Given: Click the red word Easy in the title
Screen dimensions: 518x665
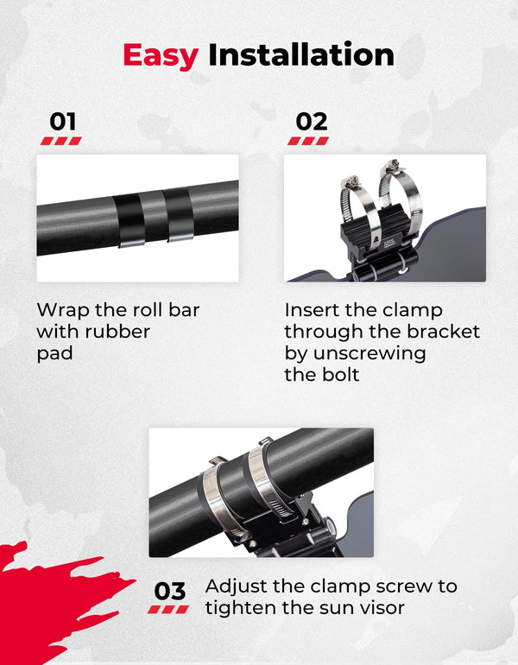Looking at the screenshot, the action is (x=161, y=56).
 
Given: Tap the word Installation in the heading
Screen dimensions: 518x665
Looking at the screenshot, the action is (x=301, y=54).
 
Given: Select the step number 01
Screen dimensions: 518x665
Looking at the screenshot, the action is (x=63, y=122).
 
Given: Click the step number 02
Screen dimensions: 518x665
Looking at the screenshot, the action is (x=312, y=122).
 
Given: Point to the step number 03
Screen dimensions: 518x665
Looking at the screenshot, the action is (x=169, y=591).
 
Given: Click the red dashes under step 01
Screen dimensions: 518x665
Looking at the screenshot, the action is (x=61, y=142).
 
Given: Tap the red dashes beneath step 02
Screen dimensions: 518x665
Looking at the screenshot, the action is (x=308, y=142).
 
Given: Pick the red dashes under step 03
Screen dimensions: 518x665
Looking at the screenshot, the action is (x=167, y=610).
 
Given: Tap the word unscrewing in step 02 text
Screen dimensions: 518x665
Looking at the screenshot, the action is (x=370, y=354).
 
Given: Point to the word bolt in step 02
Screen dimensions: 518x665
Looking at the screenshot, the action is (x=340, y=374).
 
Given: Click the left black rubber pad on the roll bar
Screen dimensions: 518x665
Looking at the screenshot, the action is (x=129, y=219).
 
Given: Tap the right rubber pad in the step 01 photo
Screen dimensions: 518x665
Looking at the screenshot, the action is (x=179, y=213).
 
